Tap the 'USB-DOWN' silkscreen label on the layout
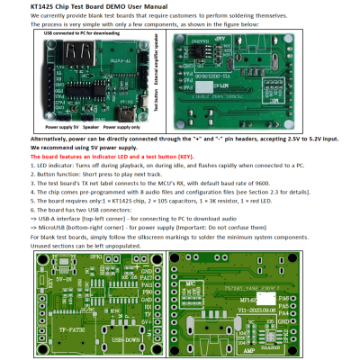[x=125, y=340]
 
